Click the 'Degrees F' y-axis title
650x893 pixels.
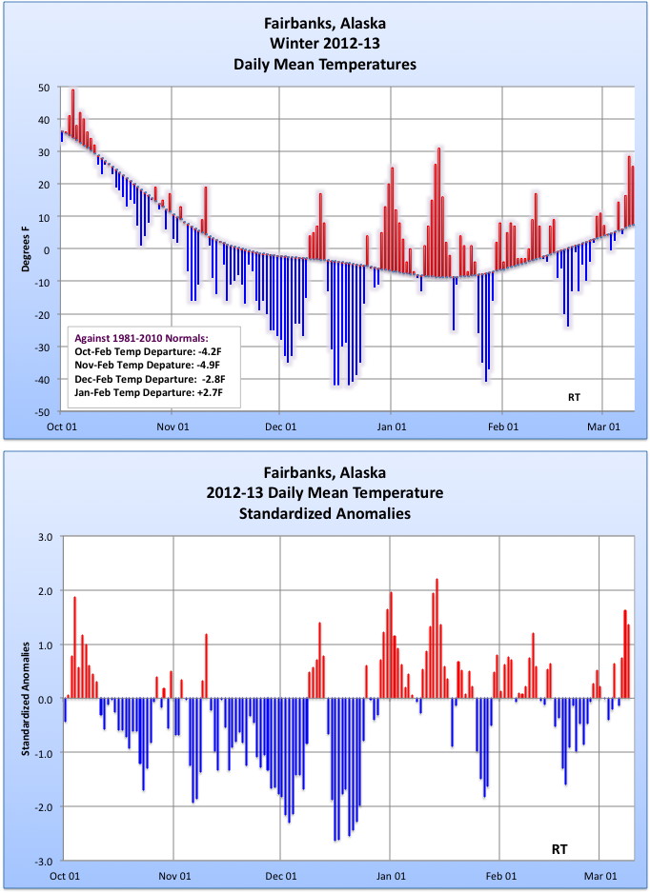coord(29,249)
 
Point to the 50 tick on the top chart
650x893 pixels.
coord(44,88)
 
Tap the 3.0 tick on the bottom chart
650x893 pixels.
coord(43,536)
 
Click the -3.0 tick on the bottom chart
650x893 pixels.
coord(42,861)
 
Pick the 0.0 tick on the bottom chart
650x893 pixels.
coord(44,699)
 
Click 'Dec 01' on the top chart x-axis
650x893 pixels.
coord(281,427)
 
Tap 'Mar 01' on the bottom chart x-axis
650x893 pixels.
coord(600,876)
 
